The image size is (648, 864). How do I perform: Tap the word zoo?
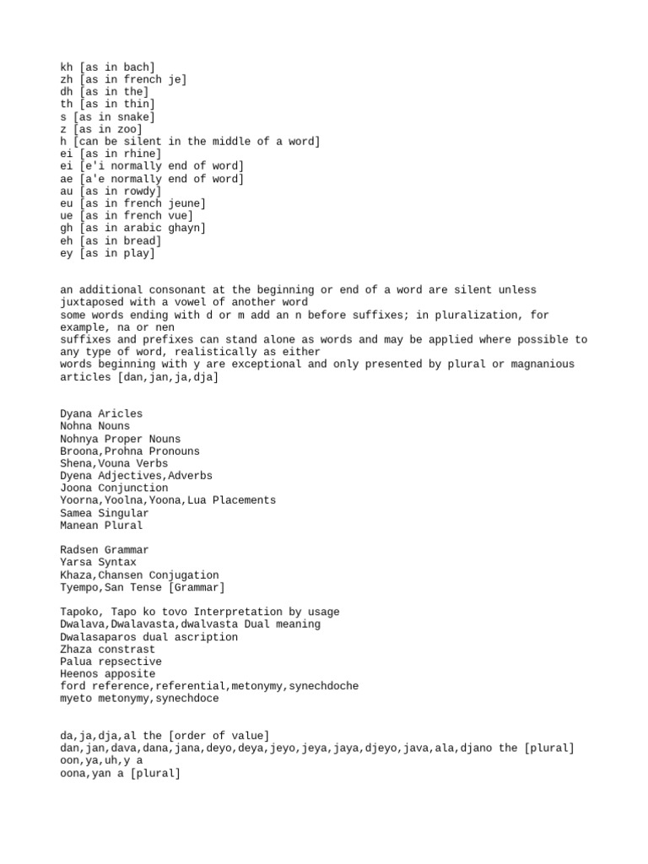[x=127, y=129]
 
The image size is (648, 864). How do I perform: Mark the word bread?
[x=140, y=240]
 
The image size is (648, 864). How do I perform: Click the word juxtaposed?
[x=91, y=302]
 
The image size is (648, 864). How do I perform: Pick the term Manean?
[x=78, y=525]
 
